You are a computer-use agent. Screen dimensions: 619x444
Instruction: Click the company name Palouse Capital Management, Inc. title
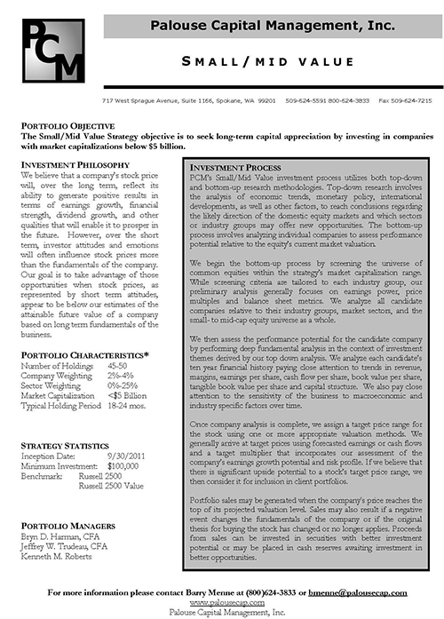coord(273,28)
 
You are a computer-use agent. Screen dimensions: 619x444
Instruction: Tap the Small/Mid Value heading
coord(272,61)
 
